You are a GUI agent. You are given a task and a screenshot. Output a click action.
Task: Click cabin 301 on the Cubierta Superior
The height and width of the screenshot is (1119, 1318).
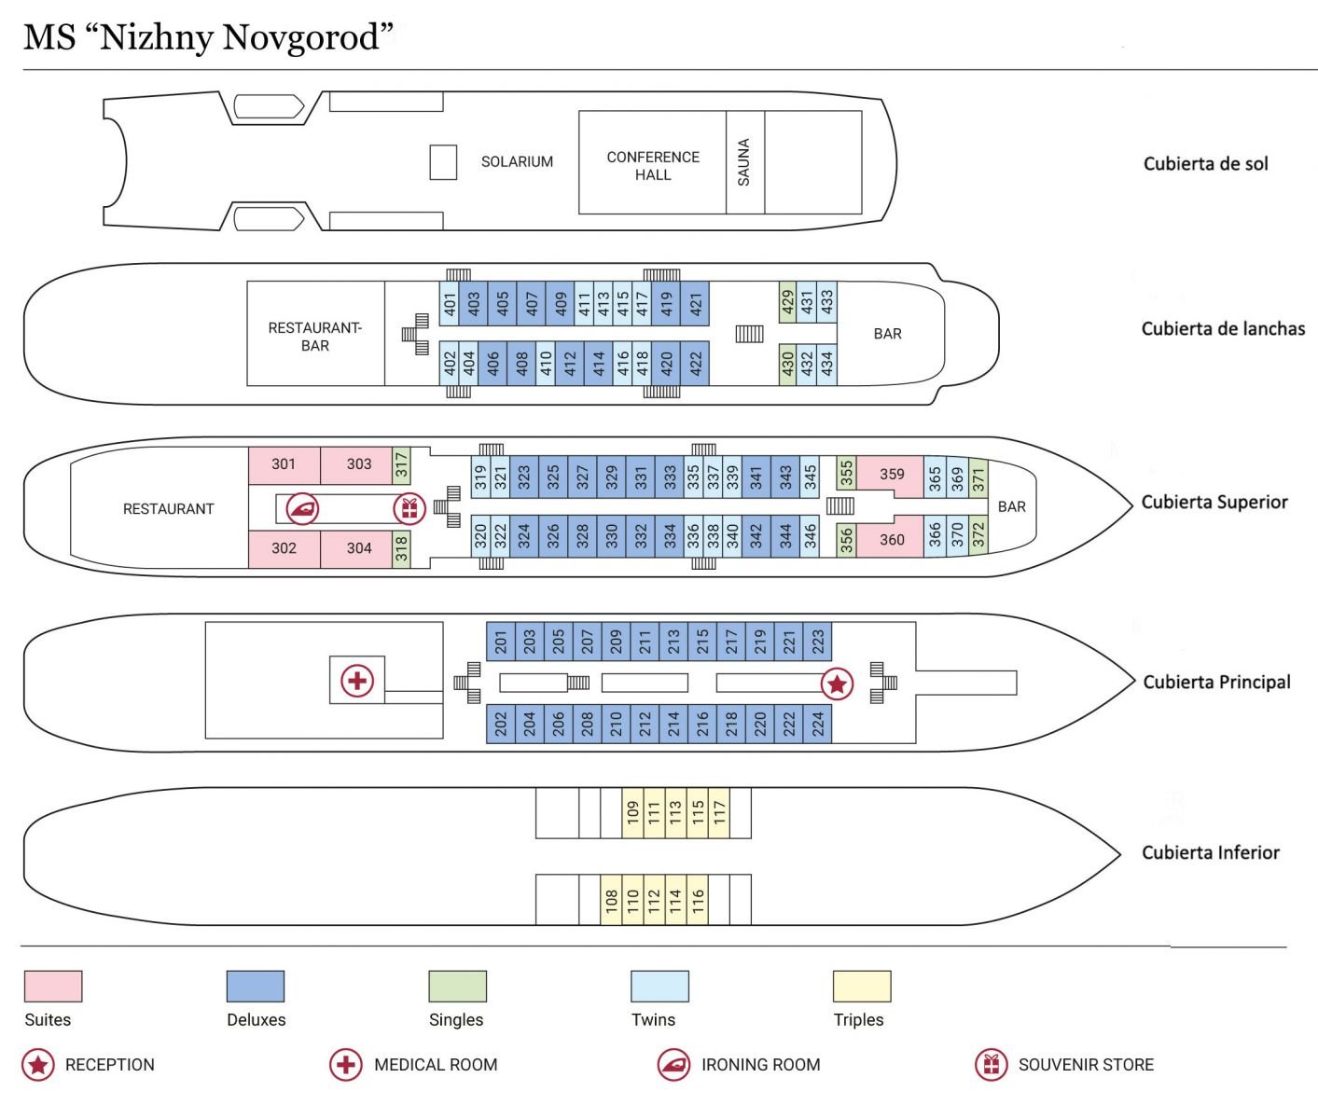tap(284, 464)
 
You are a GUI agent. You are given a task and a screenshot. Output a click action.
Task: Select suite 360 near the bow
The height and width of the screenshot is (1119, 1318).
tap(891, 539)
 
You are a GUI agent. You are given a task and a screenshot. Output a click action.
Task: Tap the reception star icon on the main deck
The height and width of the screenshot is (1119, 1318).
tap(836, 684)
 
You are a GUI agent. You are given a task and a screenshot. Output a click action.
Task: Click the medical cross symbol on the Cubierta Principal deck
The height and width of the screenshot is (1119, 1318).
tap(357, 681)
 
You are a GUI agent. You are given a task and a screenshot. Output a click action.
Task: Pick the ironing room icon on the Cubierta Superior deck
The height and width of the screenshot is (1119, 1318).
tap(302, 509)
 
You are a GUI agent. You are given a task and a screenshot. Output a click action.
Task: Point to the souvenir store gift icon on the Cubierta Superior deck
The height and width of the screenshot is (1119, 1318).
tap(409, 509)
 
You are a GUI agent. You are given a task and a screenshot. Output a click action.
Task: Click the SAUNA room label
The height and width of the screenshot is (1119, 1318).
tap(743, 162)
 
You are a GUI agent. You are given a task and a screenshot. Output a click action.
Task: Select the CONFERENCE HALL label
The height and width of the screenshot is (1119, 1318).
tap(653, 166)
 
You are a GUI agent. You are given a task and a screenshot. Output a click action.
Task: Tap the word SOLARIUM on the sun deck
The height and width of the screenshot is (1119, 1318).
tap(517, 162)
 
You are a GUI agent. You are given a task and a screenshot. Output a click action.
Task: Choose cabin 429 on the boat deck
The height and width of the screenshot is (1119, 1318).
tap(787, 301)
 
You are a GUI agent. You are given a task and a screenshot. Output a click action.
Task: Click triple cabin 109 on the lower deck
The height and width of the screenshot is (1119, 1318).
tap(632, 813)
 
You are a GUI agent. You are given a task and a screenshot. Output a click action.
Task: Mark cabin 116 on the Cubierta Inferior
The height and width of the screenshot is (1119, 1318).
tap(699, 900)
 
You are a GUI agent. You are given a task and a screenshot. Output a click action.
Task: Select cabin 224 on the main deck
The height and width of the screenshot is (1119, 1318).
tap(817, 724)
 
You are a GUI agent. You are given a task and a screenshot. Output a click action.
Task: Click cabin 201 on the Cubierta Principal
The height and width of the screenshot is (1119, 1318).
tap(501, 641)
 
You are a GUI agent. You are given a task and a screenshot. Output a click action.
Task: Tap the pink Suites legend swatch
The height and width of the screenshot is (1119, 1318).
tap(53, 987)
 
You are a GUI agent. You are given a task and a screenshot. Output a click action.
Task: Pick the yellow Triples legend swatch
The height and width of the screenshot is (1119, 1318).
tap(862, 987)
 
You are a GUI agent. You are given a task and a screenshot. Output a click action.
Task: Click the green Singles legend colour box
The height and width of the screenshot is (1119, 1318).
tap(457, 987)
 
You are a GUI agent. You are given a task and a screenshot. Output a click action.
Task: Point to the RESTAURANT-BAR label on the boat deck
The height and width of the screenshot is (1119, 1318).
tap(315, 337)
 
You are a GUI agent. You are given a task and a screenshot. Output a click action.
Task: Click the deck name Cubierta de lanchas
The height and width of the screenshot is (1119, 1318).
tap(1223, 329)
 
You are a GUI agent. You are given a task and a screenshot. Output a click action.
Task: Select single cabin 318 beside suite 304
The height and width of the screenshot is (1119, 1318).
tap(401, 548)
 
